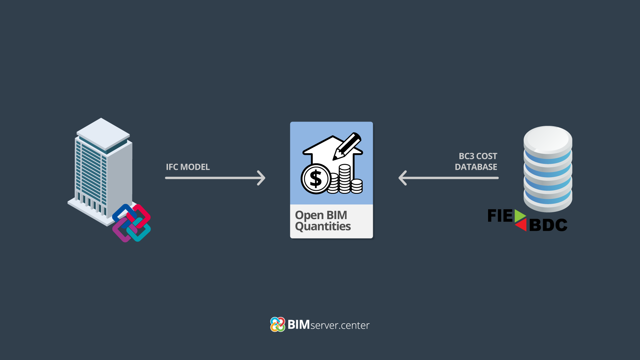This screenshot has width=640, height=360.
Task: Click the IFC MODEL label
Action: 188,167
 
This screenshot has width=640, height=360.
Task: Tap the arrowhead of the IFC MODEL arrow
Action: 262,178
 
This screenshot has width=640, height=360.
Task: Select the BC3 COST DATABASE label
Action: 476,162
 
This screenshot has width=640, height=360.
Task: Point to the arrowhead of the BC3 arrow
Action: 403,178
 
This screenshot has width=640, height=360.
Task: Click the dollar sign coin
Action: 316,179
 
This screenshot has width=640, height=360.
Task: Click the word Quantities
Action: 323,227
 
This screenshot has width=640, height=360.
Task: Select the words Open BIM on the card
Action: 321,215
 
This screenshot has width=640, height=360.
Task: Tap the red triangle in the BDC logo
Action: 521,224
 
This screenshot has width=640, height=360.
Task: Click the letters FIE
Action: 500,216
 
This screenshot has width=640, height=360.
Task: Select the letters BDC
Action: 548,225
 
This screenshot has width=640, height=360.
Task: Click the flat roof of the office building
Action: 103,133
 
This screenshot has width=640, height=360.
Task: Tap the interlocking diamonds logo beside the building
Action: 131,223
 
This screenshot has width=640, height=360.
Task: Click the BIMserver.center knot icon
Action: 278,324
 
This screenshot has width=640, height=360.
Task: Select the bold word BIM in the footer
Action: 299,325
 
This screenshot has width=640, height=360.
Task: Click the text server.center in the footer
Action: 340,325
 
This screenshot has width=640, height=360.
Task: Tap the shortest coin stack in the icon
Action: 356,186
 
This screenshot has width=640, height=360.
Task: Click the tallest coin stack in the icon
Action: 344,179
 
